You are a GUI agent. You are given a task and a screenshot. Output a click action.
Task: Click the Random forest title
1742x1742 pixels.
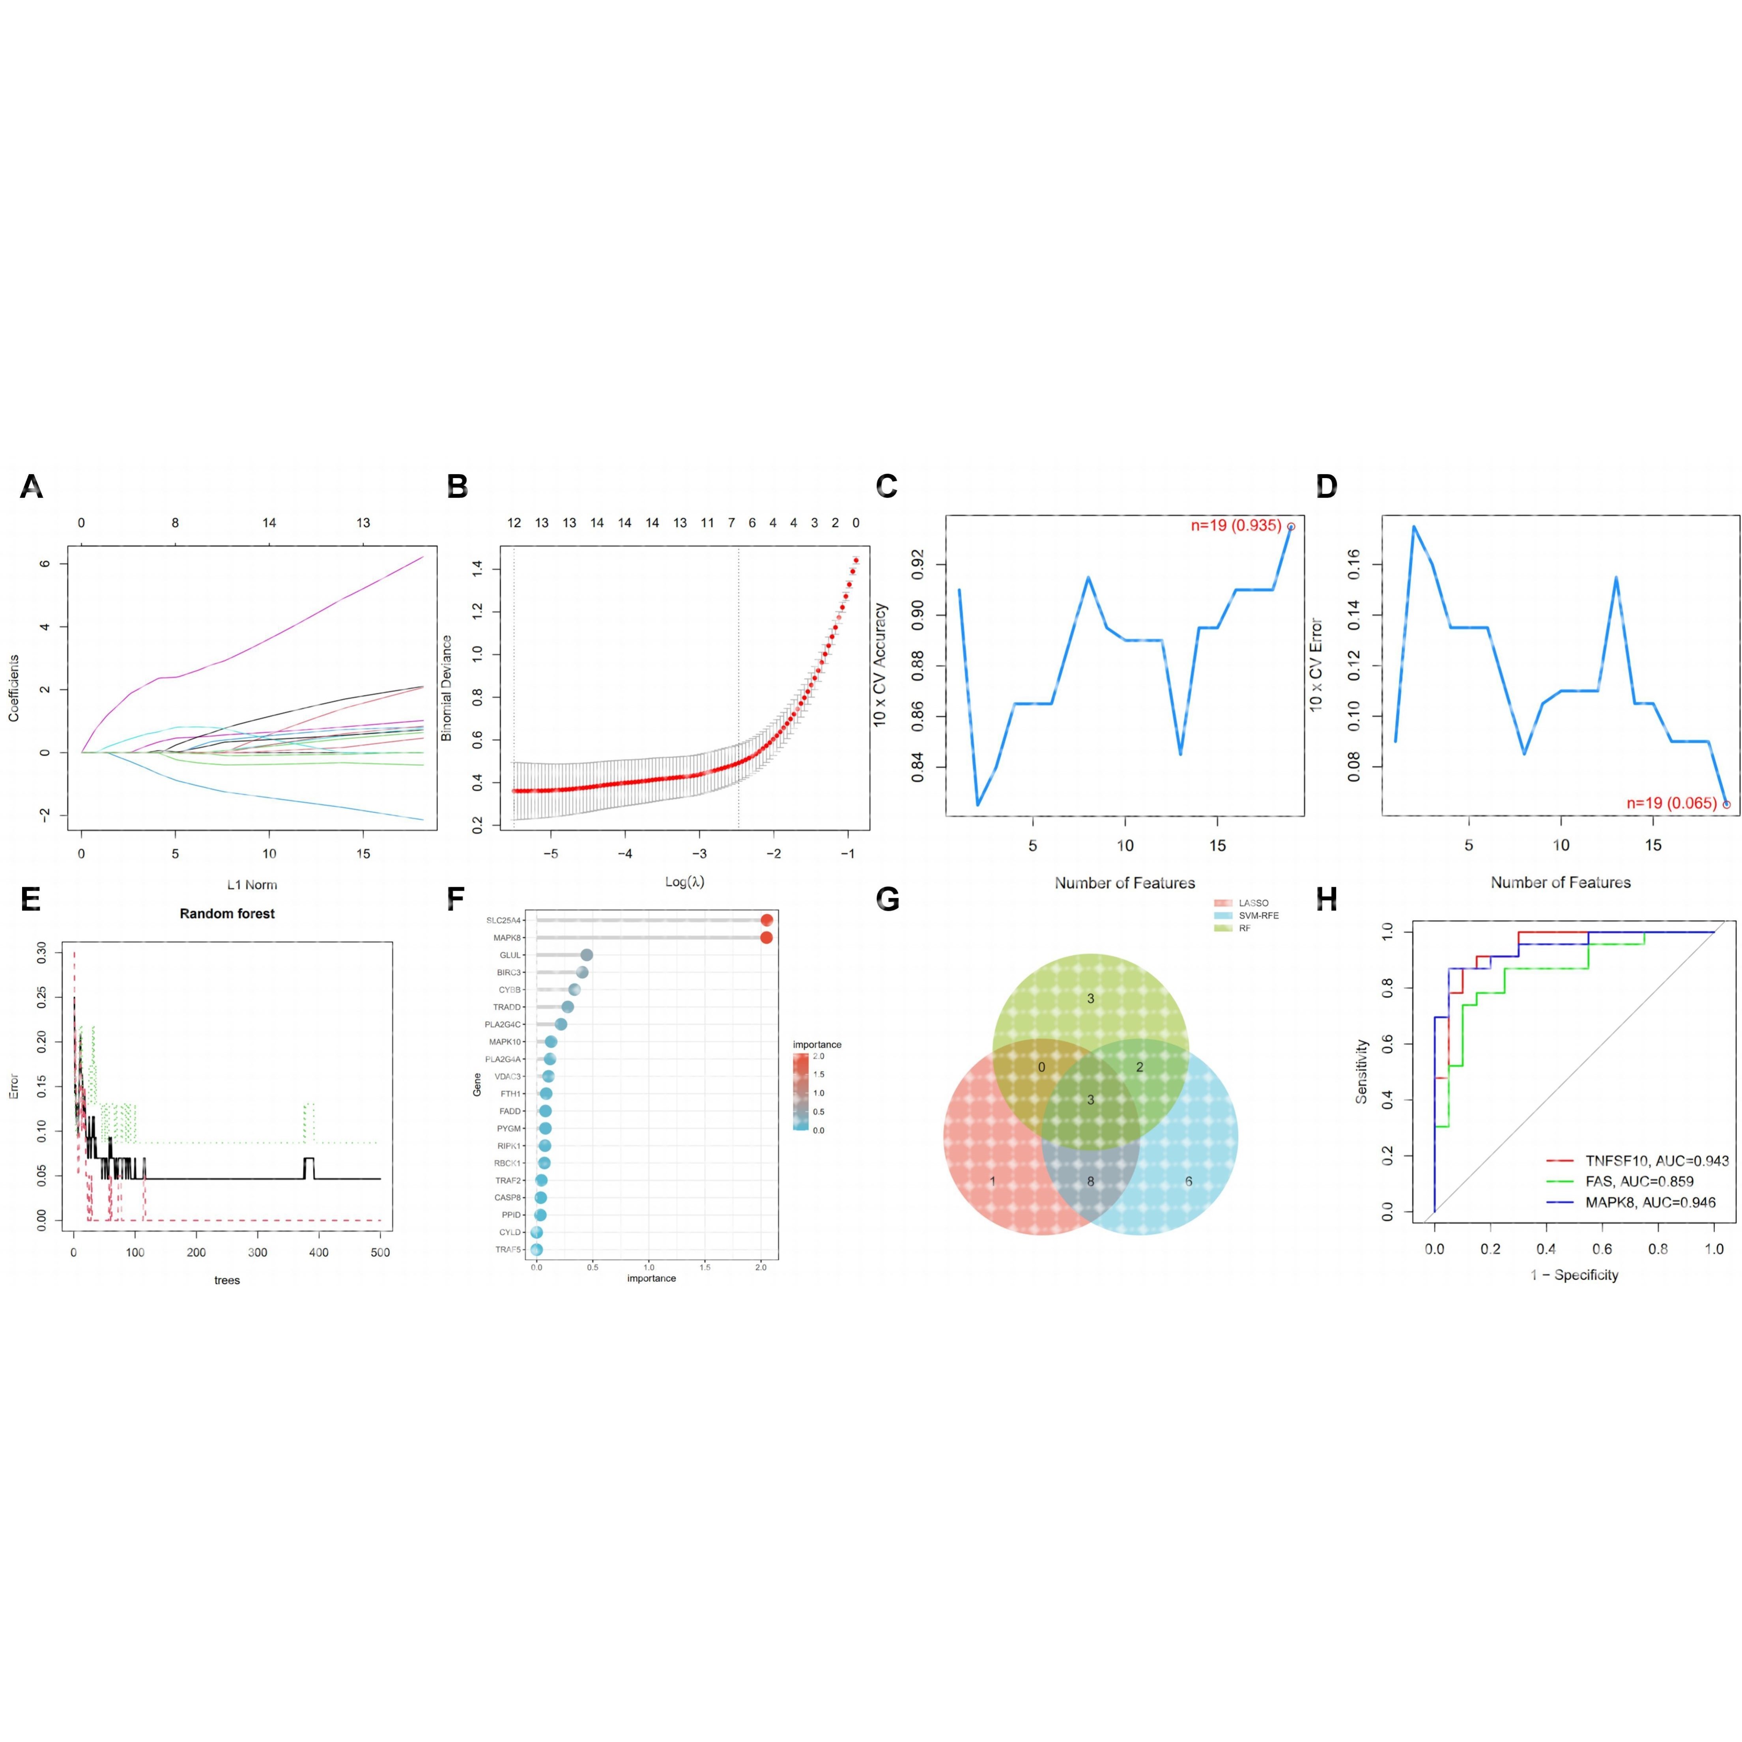pos(227,913)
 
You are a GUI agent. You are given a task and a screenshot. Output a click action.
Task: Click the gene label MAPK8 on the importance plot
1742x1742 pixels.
pos(508,938)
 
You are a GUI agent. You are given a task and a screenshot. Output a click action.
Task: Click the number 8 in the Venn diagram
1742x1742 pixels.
pos(1090,1181)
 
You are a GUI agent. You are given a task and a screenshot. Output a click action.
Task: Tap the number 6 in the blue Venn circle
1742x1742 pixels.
pos(1189,1181)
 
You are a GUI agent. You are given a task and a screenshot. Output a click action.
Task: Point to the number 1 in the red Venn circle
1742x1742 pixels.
pos(993,1181)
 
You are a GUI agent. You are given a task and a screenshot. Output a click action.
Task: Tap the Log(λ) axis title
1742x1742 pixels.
pos(684,882)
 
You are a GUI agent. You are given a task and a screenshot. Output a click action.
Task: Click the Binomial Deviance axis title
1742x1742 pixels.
pos(446,688)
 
